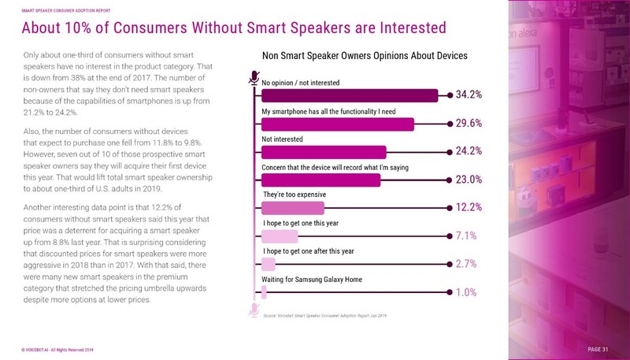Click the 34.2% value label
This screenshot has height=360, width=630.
(x=469, y=95)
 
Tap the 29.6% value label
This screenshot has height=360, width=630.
(x=469, y=124)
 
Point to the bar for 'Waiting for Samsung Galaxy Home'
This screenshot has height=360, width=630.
(x=264, y=292)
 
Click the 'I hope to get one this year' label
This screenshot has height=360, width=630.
(x=302, y=223)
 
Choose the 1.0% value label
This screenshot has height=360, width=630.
(x=467, y=292)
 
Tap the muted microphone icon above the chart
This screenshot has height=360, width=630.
(x=254, y=76)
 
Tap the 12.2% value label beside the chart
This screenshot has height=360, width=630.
(x=469, y=208)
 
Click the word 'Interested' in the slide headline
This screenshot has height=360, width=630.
(x=391, y=28)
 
